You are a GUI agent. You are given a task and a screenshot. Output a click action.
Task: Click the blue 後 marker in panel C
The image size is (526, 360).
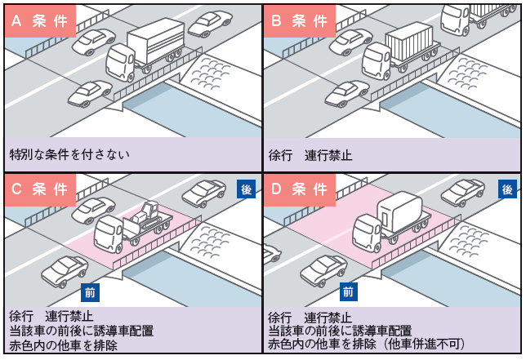point(247,189)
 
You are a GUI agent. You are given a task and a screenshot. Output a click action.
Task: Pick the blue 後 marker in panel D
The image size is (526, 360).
point(507,189)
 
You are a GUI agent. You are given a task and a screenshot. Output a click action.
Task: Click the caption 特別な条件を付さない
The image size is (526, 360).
point(69,153)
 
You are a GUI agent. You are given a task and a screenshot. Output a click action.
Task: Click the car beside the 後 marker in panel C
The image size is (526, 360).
point(204,193)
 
